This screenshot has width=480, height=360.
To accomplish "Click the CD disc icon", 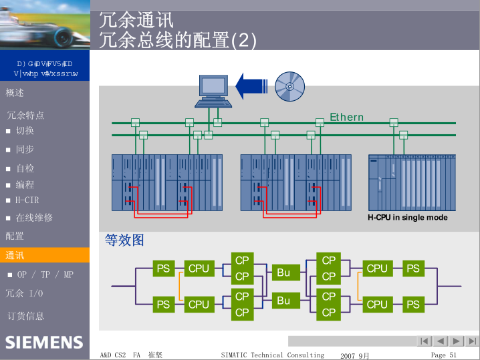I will (x=290, y=85).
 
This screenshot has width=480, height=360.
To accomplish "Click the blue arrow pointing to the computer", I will (x=255, y=85).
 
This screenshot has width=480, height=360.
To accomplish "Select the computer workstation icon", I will (x=214, y=90).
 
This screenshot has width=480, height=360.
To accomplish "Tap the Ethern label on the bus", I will (x=346, y=118).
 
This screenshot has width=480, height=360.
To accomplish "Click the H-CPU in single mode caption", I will (x=407, y=218).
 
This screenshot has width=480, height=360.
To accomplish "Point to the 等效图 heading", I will (x=124, y=240).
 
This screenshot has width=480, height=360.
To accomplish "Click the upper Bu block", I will (x=283, y=273).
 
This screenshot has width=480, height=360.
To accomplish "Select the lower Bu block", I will (x=283, y=301).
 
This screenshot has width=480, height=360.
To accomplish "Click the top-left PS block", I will (x=163, y=268).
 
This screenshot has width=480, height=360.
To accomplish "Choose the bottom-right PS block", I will (x=413, y=305).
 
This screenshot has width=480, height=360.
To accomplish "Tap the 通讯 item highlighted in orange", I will (x=15, y=255).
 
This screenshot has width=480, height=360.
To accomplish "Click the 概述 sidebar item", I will (x=15, y=93).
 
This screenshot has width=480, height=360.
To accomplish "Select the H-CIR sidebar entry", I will (x=27, y=200).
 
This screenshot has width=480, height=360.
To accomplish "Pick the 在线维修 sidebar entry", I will (x=34, y=218).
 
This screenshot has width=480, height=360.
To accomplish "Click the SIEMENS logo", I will (x=44, y=343).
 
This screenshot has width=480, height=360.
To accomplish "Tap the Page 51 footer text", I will (x=444, y=355).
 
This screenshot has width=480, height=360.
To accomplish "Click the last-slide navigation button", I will (x=472, y=341).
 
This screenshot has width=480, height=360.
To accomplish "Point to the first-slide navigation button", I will (x=425, y=341).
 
